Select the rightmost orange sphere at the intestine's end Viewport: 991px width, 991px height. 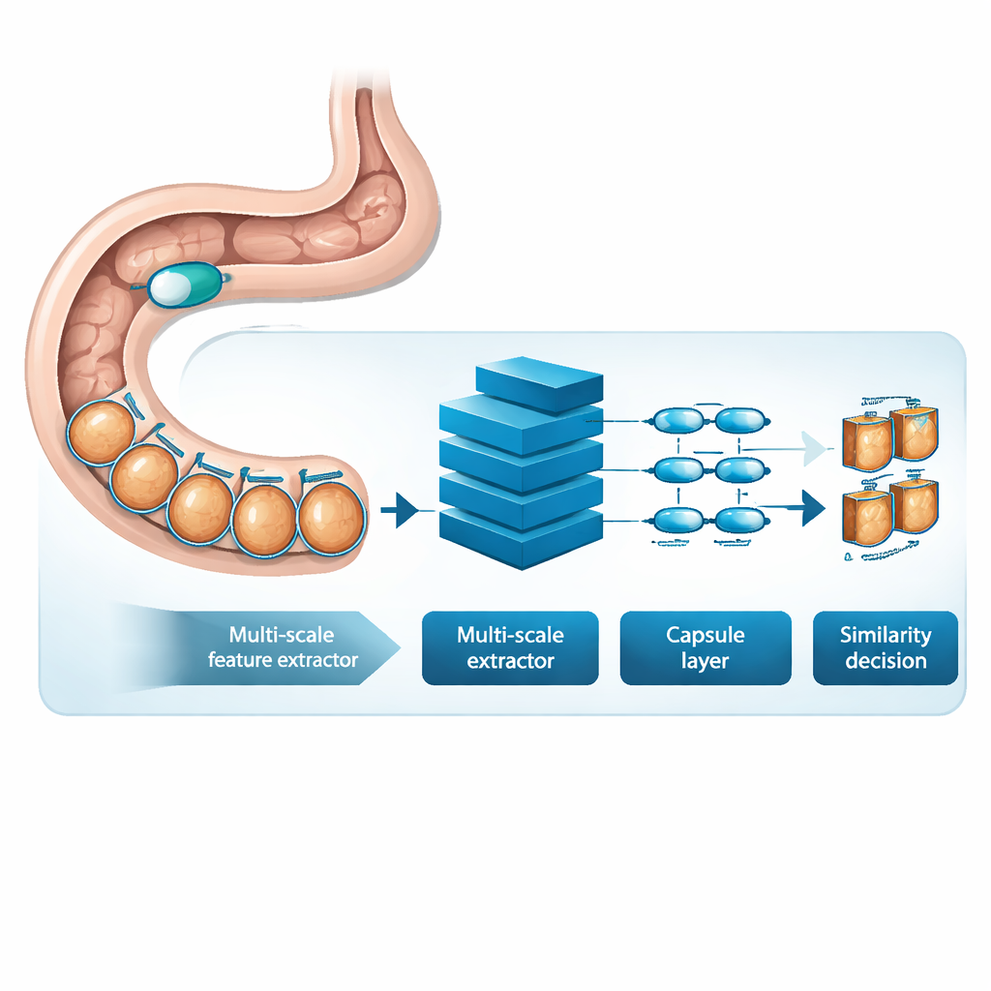tap(330, 518)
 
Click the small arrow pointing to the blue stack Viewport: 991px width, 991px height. tap(399, 509)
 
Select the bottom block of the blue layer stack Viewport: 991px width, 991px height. tap(521, 537)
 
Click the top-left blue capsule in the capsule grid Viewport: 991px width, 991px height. tap(677, 421)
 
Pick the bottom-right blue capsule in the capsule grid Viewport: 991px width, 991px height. tap(740, 520)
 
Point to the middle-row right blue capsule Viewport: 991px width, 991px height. tap(740, 470)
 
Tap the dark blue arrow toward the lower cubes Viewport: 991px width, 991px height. tap(809, 508)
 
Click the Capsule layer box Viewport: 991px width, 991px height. tap(706, 647)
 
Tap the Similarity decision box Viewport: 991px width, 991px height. tap(885, 647)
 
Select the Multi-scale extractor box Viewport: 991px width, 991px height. tap(510, 647)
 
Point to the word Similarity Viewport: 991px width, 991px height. tap(885, 636)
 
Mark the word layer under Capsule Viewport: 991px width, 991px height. tap(706, 661)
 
